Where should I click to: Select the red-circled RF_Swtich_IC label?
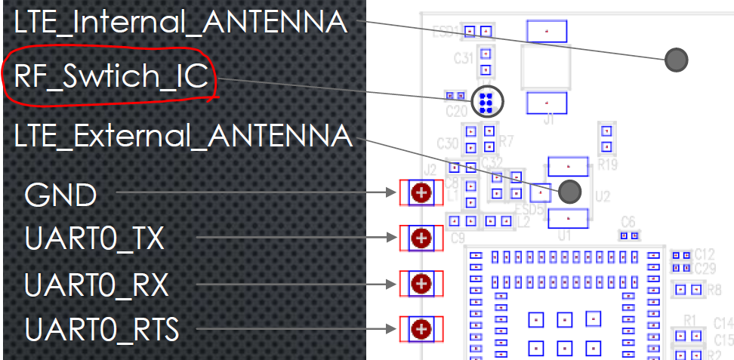(110, 78)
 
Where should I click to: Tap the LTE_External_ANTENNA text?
(183, 137)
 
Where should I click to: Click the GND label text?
(60, 195)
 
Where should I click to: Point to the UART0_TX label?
(94, 240)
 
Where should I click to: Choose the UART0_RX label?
(96, 286)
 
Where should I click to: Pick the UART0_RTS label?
(101, 330)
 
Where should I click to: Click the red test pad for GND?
(421, 193)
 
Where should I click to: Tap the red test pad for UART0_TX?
(421, 238)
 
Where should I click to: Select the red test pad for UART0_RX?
(421, 284)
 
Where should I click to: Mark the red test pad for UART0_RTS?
(421, 329)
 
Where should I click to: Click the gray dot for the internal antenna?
(676, 59)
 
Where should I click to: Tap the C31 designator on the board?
(464, 57)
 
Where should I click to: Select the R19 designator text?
(607, 162)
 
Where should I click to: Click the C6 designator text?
(628, 220)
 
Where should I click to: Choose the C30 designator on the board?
(447, 143)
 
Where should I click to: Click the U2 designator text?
(602, 196)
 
